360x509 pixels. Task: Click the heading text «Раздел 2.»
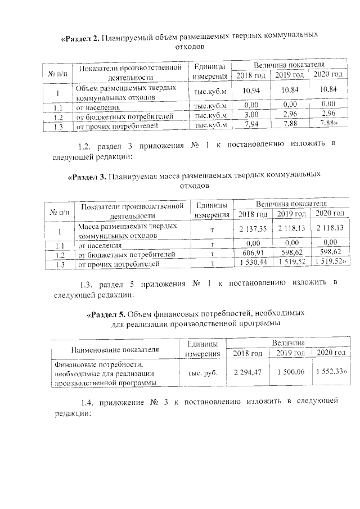80,38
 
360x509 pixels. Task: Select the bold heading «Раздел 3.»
88,176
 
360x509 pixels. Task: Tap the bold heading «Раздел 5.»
106,314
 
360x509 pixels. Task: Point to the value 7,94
251,124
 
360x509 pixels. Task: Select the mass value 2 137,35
253,228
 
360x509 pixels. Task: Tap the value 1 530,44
253,263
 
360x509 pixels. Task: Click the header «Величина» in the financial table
289,343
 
